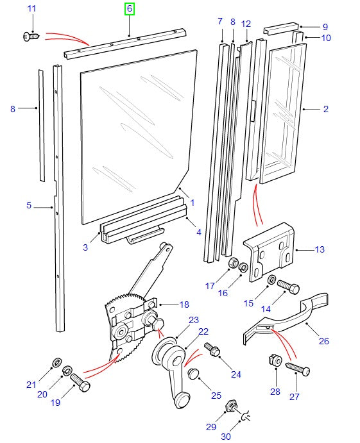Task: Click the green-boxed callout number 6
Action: coord(130,9)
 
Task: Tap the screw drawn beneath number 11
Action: coord(30,37)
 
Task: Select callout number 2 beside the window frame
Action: coord(325,109)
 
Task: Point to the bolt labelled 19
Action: coord(80,384)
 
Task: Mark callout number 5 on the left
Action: coord(29,206)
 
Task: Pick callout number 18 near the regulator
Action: coord(184,305)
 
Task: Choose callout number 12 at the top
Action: coord(245,24)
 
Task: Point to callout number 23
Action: coord(194,321)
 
